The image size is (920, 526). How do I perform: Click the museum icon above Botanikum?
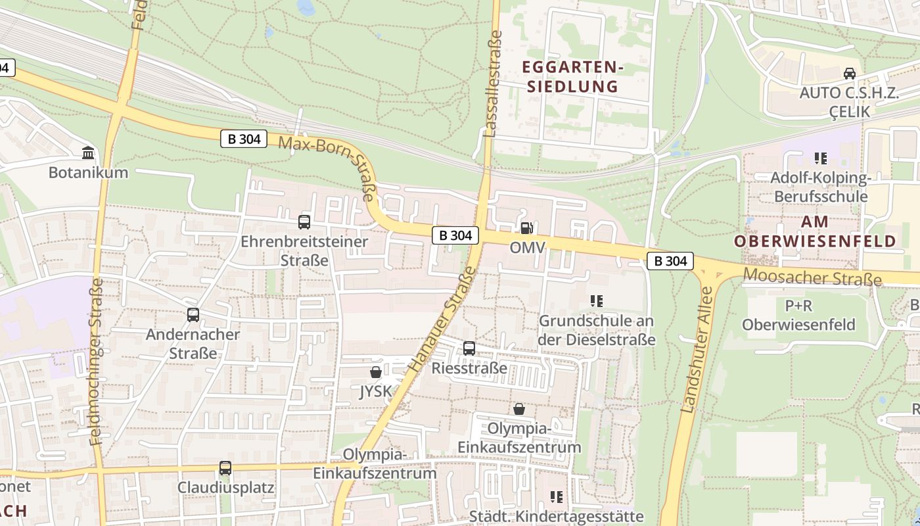coord(87,153)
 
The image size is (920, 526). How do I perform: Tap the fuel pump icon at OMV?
coord(526,228)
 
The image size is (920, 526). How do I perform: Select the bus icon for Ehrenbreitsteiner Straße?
coord(304,222)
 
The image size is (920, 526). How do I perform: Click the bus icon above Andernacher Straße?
coord(193,315)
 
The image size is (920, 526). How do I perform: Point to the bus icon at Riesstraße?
coord(469,348)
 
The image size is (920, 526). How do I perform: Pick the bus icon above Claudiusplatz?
coord(225,468)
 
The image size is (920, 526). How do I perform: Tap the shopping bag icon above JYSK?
coord(376,372)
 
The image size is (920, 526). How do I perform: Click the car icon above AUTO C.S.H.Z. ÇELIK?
coord(849,73)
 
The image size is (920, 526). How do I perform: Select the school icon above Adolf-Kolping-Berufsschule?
coord(820,158)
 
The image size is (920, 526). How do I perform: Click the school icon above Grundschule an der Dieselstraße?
coord(597,301)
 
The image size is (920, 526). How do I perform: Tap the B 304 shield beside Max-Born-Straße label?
coord(243,139)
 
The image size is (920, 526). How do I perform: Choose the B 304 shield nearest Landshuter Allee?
coord(670,261)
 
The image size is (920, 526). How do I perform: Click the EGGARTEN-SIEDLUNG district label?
coord(570,76)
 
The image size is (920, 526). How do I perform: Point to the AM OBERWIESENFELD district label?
coord(815,231)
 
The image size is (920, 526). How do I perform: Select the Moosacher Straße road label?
coord(812,277)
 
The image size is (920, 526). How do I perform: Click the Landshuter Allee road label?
coord(697,350)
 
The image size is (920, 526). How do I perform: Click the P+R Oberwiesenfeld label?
coord(798,315)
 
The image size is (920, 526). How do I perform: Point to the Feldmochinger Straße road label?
coord(97,361)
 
